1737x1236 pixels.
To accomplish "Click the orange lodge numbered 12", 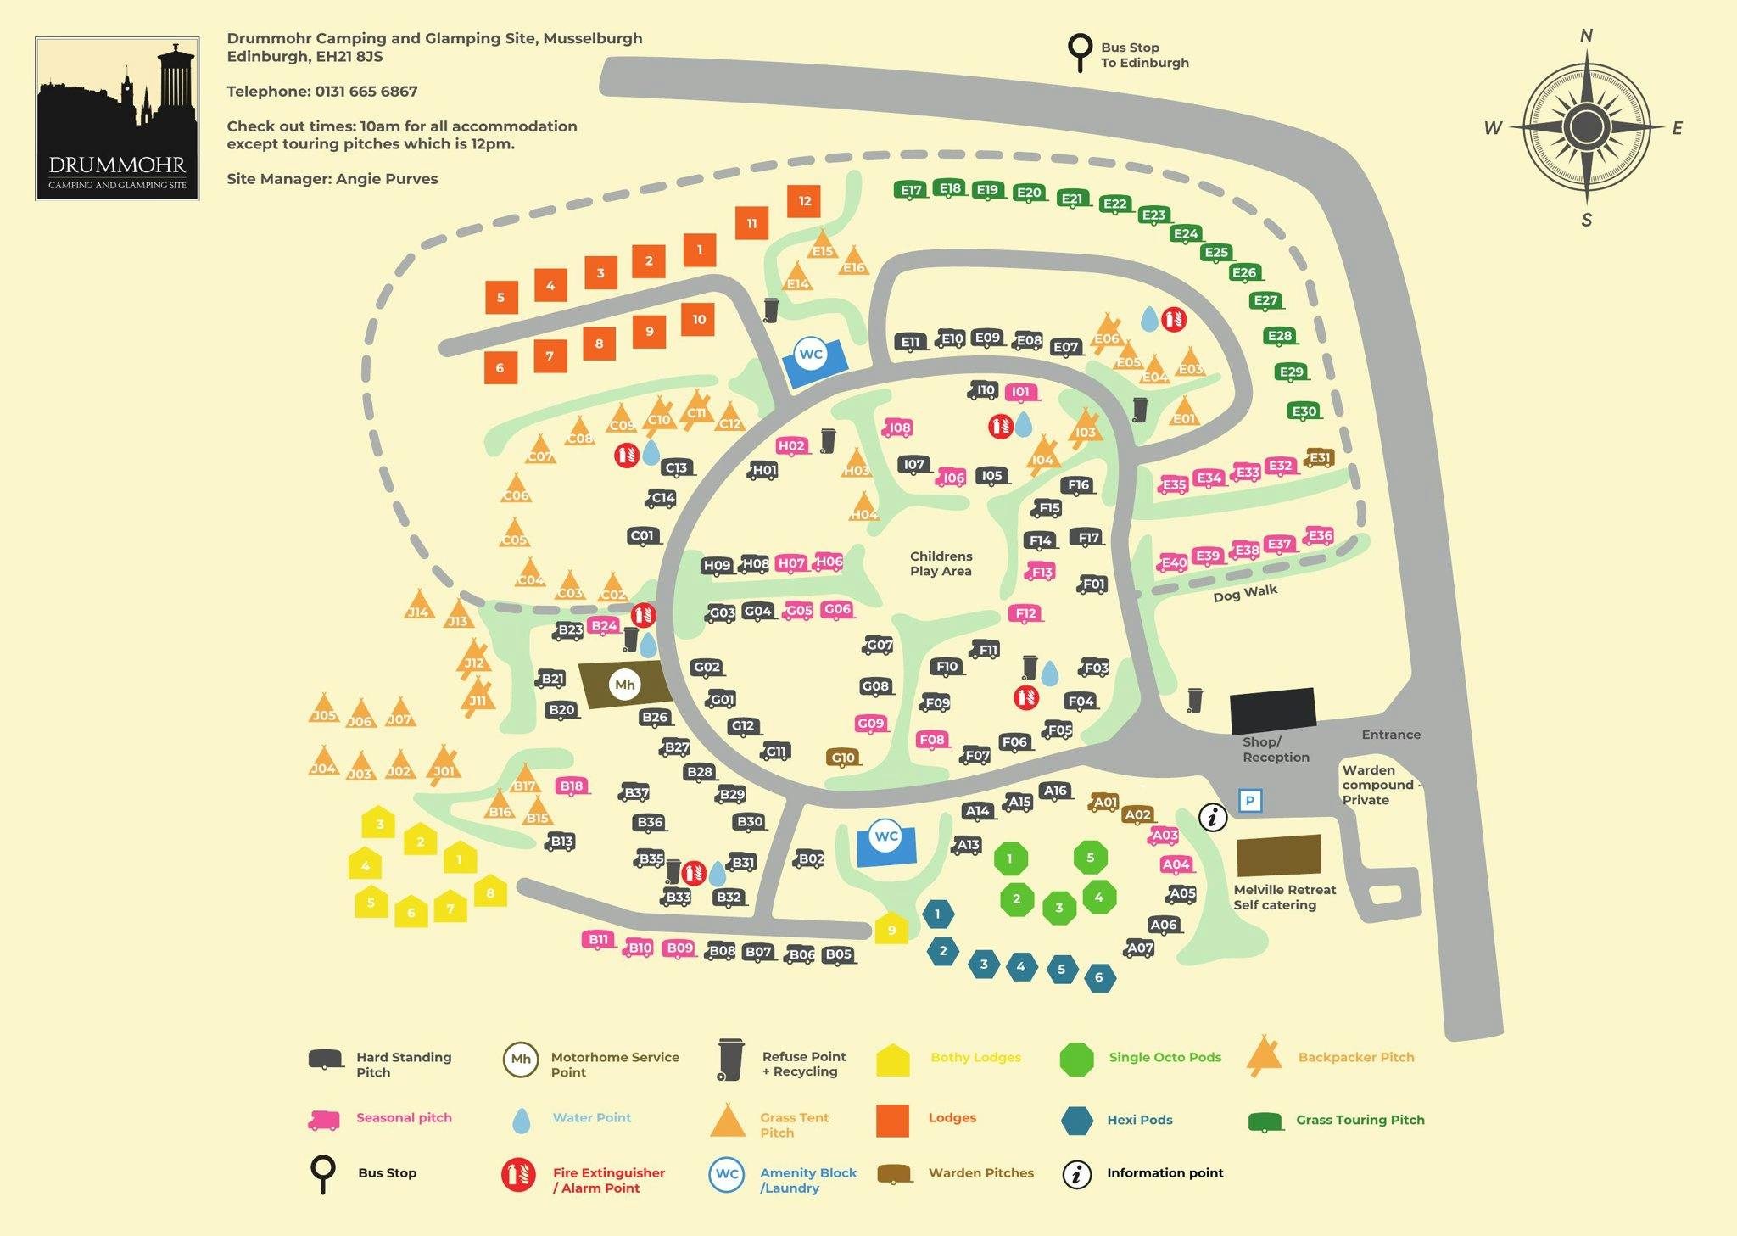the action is (x=804, y=201).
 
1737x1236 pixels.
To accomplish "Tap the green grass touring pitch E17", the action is (x=911, y=190).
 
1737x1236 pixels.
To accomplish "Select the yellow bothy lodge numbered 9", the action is (x=891, y=929).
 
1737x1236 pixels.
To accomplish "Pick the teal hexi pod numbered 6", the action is (x=1099, y=977).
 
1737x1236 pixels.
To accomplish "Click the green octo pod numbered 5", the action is (x=1091, y=858).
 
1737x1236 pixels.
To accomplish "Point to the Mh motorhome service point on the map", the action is (x=625, y=685).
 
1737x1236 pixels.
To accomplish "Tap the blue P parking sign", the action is (x=1250, y=800).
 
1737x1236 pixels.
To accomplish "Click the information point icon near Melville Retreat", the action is (x=1213, y=817).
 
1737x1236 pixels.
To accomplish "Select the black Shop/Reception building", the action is (x=1273, y=711).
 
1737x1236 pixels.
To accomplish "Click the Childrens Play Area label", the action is (x=941, y=563).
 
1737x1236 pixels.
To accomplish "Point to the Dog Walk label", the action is (x=1245, y=593).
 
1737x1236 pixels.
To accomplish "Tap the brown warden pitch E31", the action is (x=1320, y=458).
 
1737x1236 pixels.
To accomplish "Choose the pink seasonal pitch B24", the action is (x=603, y=626).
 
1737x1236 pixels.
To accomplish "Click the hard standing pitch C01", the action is (x=643, y=535).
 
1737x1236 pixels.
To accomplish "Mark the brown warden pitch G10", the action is (x=843, y=758).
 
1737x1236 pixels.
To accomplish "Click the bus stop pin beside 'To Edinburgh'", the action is (x=1080, y=52).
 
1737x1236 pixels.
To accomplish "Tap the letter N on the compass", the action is (x=1586, y=36).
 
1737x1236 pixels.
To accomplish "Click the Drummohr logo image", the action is (x=117, y=118).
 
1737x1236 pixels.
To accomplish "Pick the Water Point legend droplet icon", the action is (x=521, y=1121).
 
